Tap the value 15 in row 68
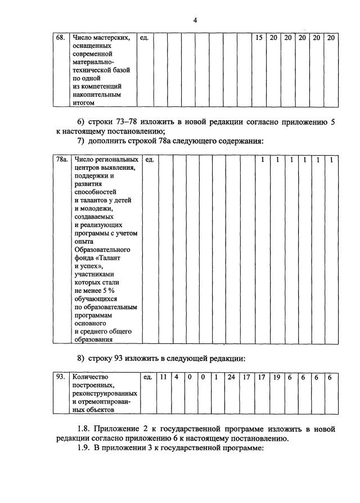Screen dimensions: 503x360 [259, 38]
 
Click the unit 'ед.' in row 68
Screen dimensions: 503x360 [143, 38]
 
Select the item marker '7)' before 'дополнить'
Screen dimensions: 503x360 [81, 140]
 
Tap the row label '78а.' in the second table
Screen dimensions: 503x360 [62, 160]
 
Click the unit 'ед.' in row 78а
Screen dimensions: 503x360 [150, 160]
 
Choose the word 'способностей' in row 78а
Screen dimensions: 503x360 [95, 192]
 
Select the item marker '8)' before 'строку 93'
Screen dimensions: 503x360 [81, 358]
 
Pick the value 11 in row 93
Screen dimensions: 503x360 [163, 377]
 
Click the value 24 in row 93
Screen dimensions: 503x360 [231, 377]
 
